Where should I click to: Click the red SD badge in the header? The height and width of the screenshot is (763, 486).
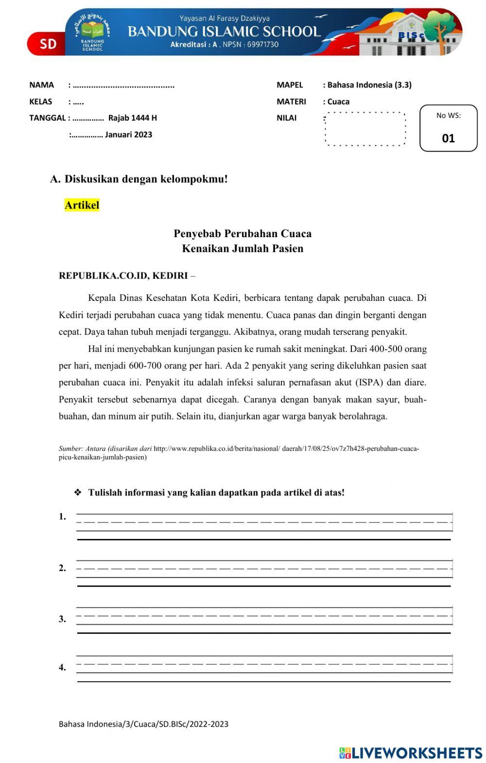pyautogui.click(x=48, y=44)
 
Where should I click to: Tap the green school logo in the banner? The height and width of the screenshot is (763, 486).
pyautogui.click(x=92, y=32)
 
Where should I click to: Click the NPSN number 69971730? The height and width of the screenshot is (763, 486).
pyautogui.click(x=262, y=45)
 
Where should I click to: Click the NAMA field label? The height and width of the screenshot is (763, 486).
pyautogui.click(x=41, y=85)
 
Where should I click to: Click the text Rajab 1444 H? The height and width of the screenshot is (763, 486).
pyautogui.click(x=132, y=118)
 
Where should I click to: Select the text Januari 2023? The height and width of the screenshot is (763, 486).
pyautogui.click(x=128, y=135)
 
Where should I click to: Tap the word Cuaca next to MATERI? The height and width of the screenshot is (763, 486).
pyautogui.click(x=338, y=102)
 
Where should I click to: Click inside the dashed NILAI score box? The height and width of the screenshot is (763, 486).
pyautogui.click(x=365, y=129)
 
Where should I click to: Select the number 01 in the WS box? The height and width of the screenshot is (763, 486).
pyautogui.click(x=448, y=139)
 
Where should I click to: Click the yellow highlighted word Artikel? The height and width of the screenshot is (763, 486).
pyautogui.click(x=82, y=205)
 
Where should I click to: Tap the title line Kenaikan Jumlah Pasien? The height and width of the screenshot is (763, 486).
pyautogui.click(x=243, y=249)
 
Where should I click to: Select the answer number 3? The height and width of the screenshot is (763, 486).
pyautogui.click(x=62, y=619)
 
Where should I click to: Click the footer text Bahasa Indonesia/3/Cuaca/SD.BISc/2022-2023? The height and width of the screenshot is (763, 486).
pyautogui.click(x=143, y=724)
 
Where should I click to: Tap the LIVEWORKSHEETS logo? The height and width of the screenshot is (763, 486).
pyautogui.click(x=411, y=753)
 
